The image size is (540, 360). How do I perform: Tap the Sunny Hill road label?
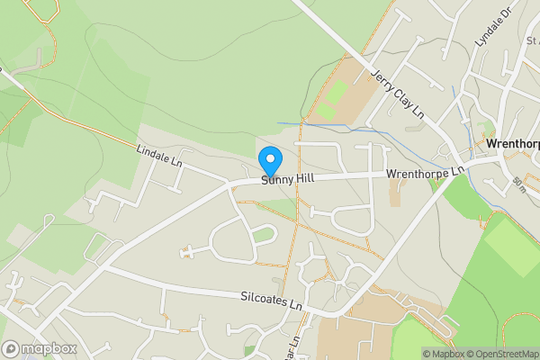(x=287, y=179)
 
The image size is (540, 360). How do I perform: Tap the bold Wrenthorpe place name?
(x=512, y=144)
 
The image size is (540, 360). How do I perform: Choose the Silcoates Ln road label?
(x=271, y=301)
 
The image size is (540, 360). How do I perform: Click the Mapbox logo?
(x=39, y=349)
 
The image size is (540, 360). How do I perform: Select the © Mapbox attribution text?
(x=441, y=354)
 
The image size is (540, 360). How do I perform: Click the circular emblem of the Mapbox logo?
(x=11, y=349)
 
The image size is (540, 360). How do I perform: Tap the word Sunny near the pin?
(x=276, y=180)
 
